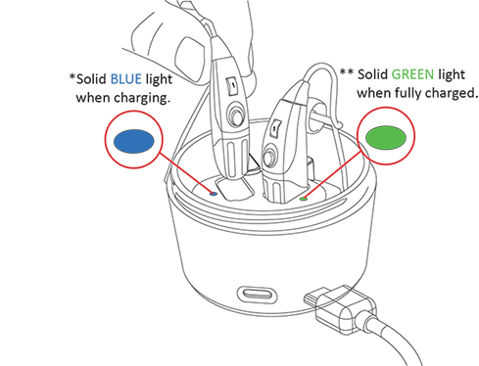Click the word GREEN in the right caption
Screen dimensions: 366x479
pyautogui.click(x=412, y=72)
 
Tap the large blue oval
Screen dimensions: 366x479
pyautogui.click(x=131, y=142)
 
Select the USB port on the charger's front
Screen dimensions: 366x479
pyautogui.click(x=259, y=295)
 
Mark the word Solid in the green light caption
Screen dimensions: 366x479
pyautogui.click(x=372, y=72)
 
